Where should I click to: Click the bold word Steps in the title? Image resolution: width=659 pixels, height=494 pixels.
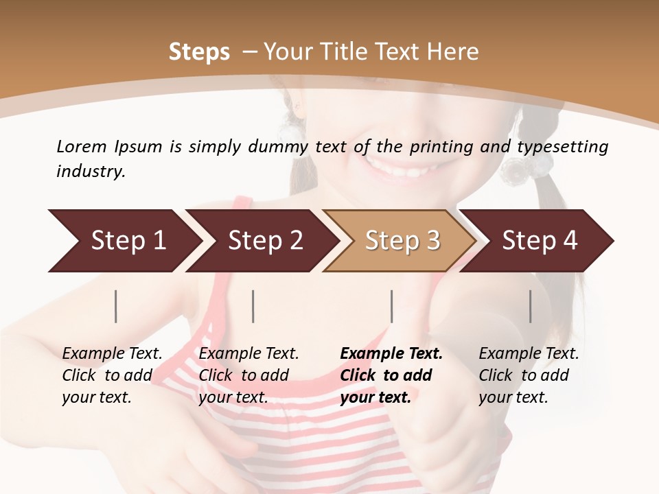click(x=199, y=52)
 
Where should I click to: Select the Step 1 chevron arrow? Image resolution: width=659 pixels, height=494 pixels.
click(x=124, y=241)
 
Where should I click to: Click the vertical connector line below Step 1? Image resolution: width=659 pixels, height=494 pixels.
click(x=116, y=306)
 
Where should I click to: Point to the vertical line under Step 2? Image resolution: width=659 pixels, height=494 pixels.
click(x=253, y=306)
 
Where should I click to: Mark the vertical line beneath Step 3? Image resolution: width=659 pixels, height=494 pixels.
click(x=391, y=306)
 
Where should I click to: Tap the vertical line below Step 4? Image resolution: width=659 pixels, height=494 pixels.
click(x=530, y=306)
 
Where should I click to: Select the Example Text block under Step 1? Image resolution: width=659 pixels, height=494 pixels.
click(x=112, y=375)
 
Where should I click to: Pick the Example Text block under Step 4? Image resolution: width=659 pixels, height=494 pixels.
click(x=529, y=375)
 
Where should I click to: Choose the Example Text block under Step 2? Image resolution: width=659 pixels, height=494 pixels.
click(x=248, y=375)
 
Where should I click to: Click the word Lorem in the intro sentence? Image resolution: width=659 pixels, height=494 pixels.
click(x=81, y=146)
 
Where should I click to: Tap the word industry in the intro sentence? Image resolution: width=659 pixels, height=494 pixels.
click(x=91, y=171)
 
